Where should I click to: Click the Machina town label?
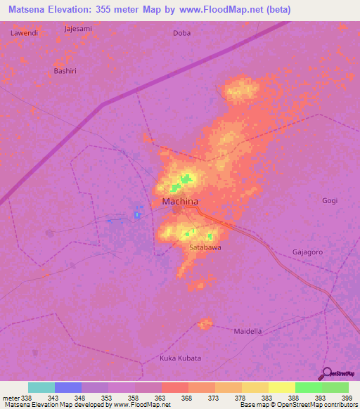pos(180,202)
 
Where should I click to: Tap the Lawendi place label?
pos(23,33)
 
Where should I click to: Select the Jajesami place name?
pos(78,29)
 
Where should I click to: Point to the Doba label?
pos(181,33)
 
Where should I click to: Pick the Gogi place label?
pos(330,200)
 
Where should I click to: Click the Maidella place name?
pos(247,331)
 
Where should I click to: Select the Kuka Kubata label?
pos(180,358)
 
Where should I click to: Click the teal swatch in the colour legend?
pos(41,387)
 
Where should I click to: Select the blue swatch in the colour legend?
pos(68,387)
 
